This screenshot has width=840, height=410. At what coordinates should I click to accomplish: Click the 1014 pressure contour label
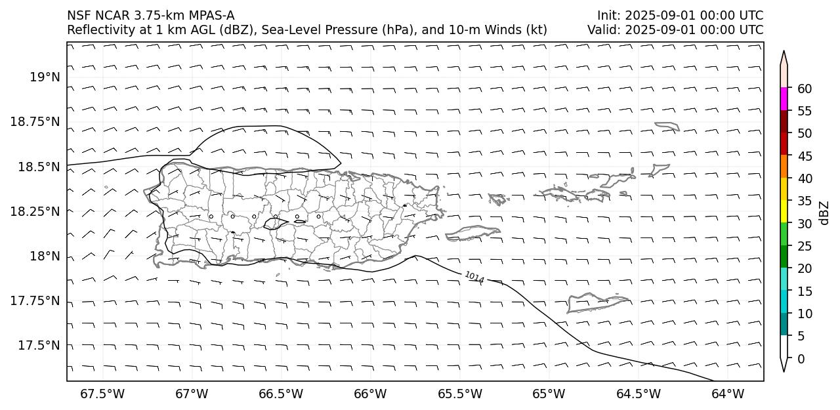474,277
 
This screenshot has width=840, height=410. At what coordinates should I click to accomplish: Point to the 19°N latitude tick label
45,77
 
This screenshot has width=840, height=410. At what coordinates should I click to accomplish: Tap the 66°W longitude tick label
370,394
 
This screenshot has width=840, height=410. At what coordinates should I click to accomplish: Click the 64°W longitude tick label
728,394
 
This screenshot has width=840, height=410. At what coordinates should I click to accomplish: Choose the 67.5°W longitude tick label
102,394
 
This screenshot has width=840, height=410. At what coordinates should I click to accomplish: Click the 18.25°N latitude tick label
35,211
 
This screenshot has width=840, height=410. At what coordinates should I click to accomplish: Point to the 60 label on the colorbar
804,89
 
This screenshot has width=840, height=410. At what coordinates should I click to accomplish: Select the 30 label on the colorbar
804,224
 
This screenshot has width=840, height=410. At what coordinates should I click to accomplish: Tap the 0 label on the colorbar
801,359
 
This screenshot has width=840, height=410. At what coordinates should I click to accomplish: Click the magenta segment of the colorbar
784,100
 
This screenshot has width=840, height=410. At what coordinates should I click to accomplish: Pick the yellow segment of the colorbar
784,213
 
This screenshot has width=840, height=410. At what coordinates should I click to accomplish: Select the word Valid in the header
602,30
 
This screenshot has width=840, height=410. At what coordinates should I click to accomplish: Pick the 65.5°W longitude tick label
459,394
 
